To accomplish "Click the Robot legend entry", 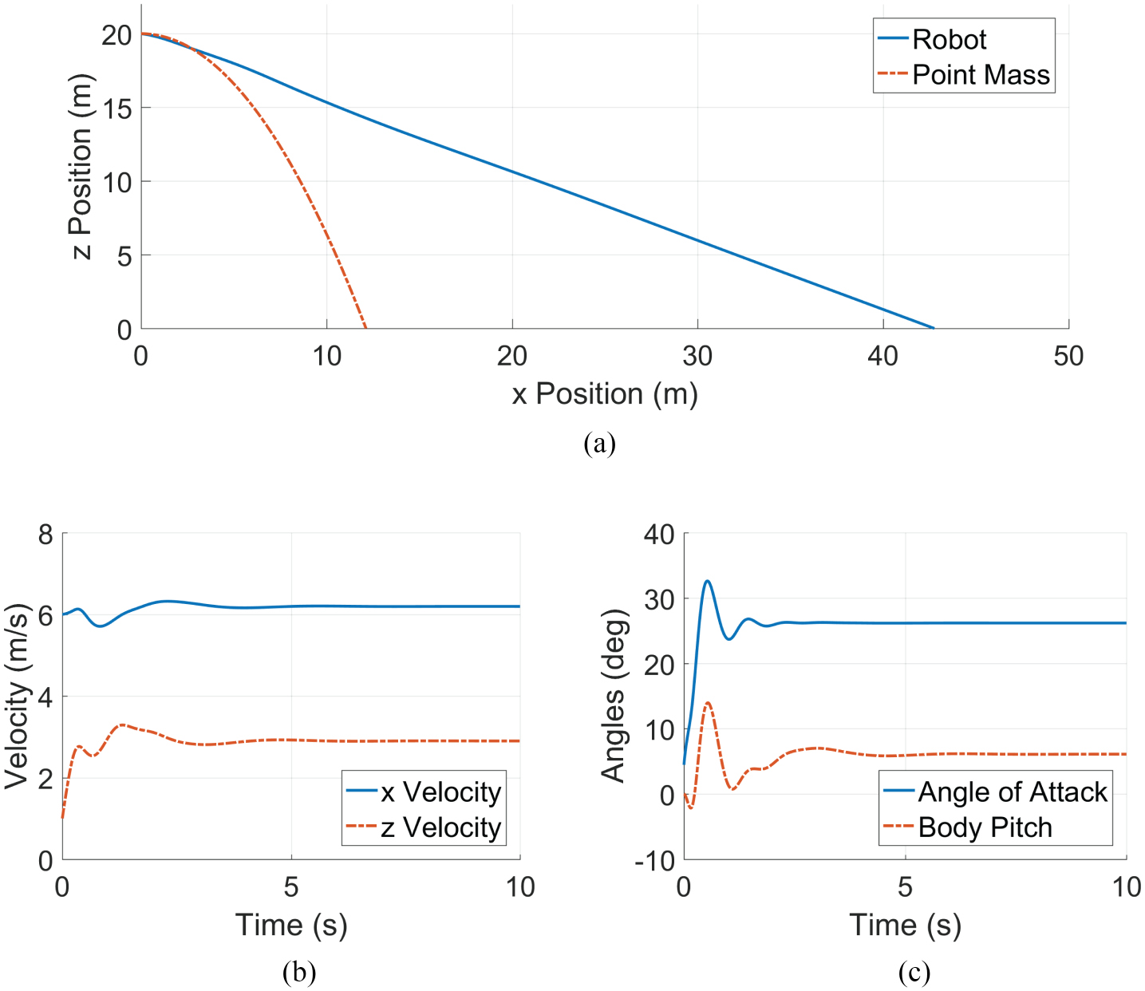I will pos(949,39).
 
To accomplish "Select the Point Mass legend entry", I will pos(981,75).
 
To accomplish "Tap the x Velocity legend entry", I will pos(440,792).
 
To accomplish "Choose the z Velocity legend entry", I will pos(440,827).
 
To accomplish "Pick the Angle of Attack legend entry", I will pos(1012,792).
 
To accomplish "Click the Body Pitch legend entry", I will pos(985,827).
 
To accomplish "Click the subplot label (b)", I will pos(299,972).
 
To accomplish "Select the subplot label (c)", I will pos(914,972).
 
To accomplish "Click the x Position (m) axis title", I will pos(605,394).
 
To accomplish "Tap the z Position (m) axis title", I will pos(81,167).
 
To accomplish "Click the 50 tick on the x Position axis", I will pos(1068,356).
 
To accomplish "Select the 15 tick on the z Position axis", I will pos(116,109).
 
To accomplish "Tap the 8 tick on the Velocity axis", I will pos(45,535).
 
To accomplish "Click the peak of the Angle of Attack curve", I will pos(707,581).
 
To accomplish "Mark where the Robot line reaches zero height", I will pos(934,328).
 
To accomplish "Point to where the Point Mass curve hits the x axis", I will pos(366,328).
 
